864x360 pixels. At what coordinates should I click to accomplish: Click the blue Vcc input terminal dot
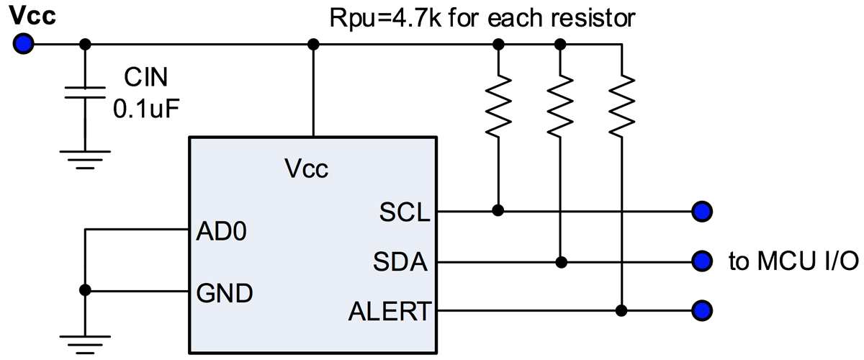pyautogui.click(x=23, y=45)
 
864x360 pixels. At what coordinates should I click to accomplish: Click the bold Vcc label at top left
pyautogui.click(x=34, y=17)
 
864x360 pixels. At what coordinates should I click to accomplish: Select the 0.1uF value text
pyautogui.click(x=146, y=109)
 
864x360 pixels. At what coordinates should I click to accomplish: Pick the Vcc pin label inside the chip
pyautogui.click(x=306, y=169)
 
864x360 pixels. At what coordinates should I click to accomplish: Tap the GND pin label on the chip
pyautogui.click(x=224, y=293)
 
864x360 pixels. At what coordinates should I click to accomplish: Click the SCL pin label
pyautogui.click(x=403, y=212)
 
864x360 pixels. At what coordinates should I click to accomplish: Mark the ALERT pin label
pyautogui.click(x=390, y=311)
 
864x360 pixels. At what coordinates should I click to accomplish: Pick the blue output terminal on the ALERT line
pyautogui.click(x=701, y=311)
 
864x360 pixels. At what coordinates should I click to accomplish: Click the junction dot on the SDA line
pyautogui.click(x=559, y=261)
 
